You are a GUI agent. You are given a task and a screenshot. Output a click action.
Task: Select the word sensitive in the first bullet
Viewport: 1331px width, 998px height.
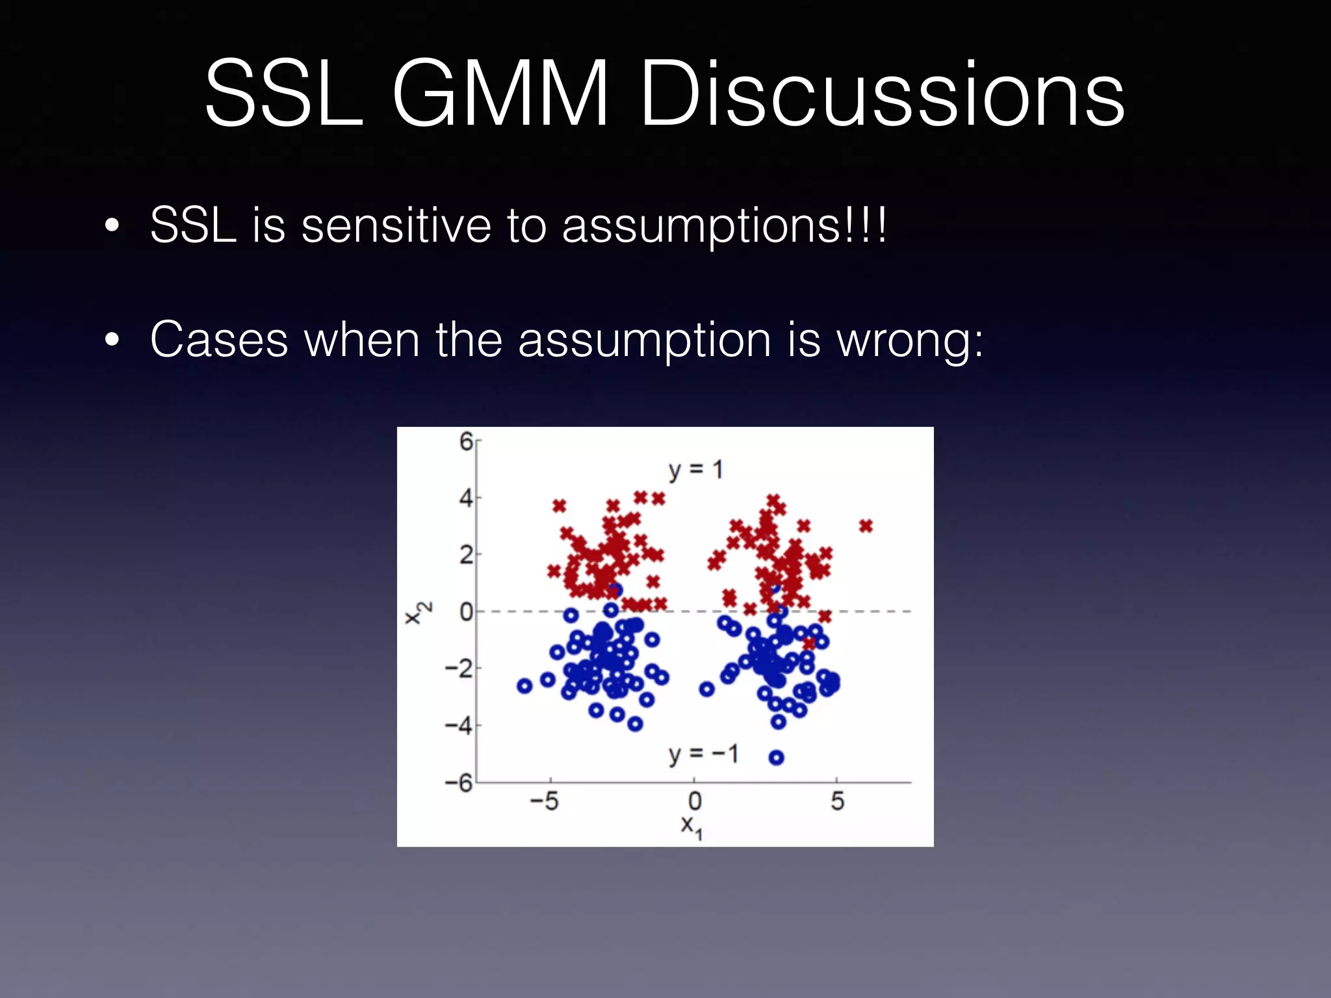click(396, 225)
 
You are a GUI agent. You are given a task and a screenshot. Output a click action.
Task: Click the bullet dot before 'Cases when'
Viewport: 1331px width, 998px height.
click(112, 339)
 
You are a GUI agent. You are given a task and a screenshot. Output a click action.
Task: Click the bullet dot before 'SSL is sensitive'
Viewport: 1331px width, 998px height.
click(112, 225)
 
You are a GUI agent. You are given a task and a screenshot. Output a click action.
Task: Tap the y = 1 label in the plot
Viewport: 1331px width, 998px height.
click(695, 470)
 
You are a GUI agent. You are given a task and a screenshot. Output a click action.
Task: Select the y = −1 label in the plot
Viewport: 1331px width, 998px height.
click(704, 754)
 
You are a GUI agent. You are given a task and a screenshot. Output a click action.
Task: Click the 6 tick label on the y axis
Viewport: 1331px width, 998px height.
click(466, 442)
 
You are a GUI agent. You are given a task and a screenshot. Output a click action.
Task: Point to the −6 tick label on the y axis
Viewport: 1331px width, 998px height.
click(459, 782)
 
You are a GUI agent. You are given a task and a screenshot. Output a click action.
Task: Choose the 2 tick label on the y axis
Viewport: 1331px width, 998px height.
click(466, 555)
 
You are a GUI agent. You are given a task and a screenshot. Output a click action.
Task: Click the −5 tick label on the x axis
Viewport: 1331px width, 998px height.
click(544, 801)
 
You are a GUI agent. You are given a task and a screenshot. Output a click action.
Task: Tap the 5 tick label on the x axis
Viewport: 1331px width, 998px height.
click(837, 801)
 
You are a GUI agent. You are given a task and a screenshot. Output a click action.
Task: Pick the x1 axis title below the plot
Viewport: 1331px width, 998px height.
click(691, 826)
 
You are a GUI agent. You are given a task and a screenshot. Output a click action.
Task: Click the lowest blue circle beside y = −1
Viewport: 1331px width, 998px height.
click(776, 757)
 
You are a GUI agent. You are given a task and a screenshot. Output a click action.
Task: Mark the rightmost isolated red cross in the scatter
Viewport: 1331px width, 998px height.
click(866, 526)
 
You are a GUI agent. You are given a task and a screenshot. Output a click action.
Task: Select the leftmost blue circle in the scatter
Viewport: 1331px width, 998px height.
click(524, 685)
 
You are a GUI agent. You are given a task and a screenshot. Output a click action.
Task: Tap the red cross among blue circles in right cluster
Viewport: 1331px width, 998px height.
click(808, 643)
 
